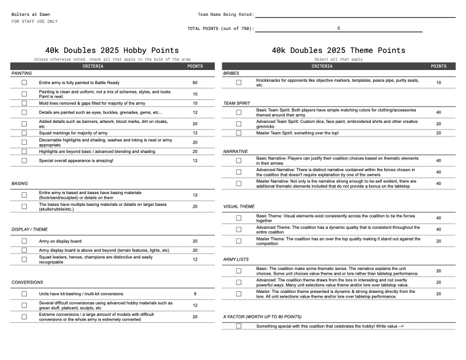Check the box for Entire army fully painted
(x=24, y=83)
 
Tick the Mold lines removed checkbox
(x=24, y=104)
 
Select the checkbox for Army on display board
(x=24, y=241)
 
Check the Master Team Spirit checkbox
(x=238, y=133)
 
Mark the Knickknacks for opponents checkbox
(x=238, y=83)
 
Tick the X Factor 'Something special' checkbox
(x=238, y=326)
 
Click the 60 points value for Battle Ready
(x=195, y=83)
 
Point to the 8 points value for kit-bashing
(x=195, y=294)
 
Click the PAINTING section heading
(x=22, y=74)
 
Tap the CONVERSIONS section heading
(x=27, y=282)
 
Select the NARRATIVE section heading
(x=235, y=151)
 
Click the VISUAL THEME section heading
(x=239, y=206)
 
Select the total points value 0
(x=338, y=28)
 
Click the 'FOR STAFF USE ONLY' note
(x=34, y=21)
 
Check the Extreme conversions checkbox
(x=24, y=316)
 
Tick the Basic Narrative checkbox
(x=238, y=161)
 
